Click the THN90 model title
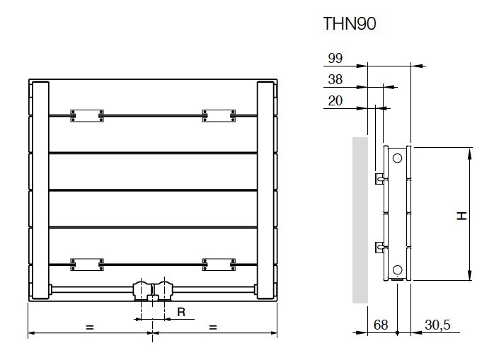pyautogui.click(x=350, y=23)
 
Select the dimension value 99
pyautogui.click(x=335, y=58)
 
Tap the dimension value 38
pyautogui.click(x=335, y=79)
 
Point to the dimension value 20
pyautogui.click(x=335, y=101)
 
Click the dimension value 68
pyautogui.click(x=381, y=325)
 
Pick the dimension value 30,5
pyautogui.click(x=437, y=325)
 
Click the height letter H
pyautogui.click(x=462, y=216)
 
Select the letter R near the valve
pyautogui.click(x=181, y=312)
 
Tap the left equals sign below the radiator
pyautogui.click(x=90, y=327)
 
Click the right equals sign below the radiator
pyautogui.click(x=213, y=327)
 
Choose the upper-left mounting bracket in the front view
pyautogui.click(x=87, y=115)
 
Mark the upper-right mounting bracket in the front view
pyautogui.click(x=219, y=115)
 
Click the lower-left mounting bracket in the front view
pyautogui.click(x=87, y=265)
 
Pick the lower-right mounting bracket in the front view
pyautogui.click(x=219, y=265)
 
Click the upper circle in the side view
pyautogui.click(x=398, y=158)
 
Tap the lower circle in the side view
pyautogui.click(x=398, y=270)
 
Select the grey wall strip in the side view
pyautogui.click(x=360, y=220)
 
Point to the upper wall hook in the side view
pyautogui.click(x=379, y=178)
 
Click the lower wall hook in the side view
pyautogui.click(x=379, y=248)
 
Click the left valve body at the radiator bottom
pyautogui.click(x=142, y=291)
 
